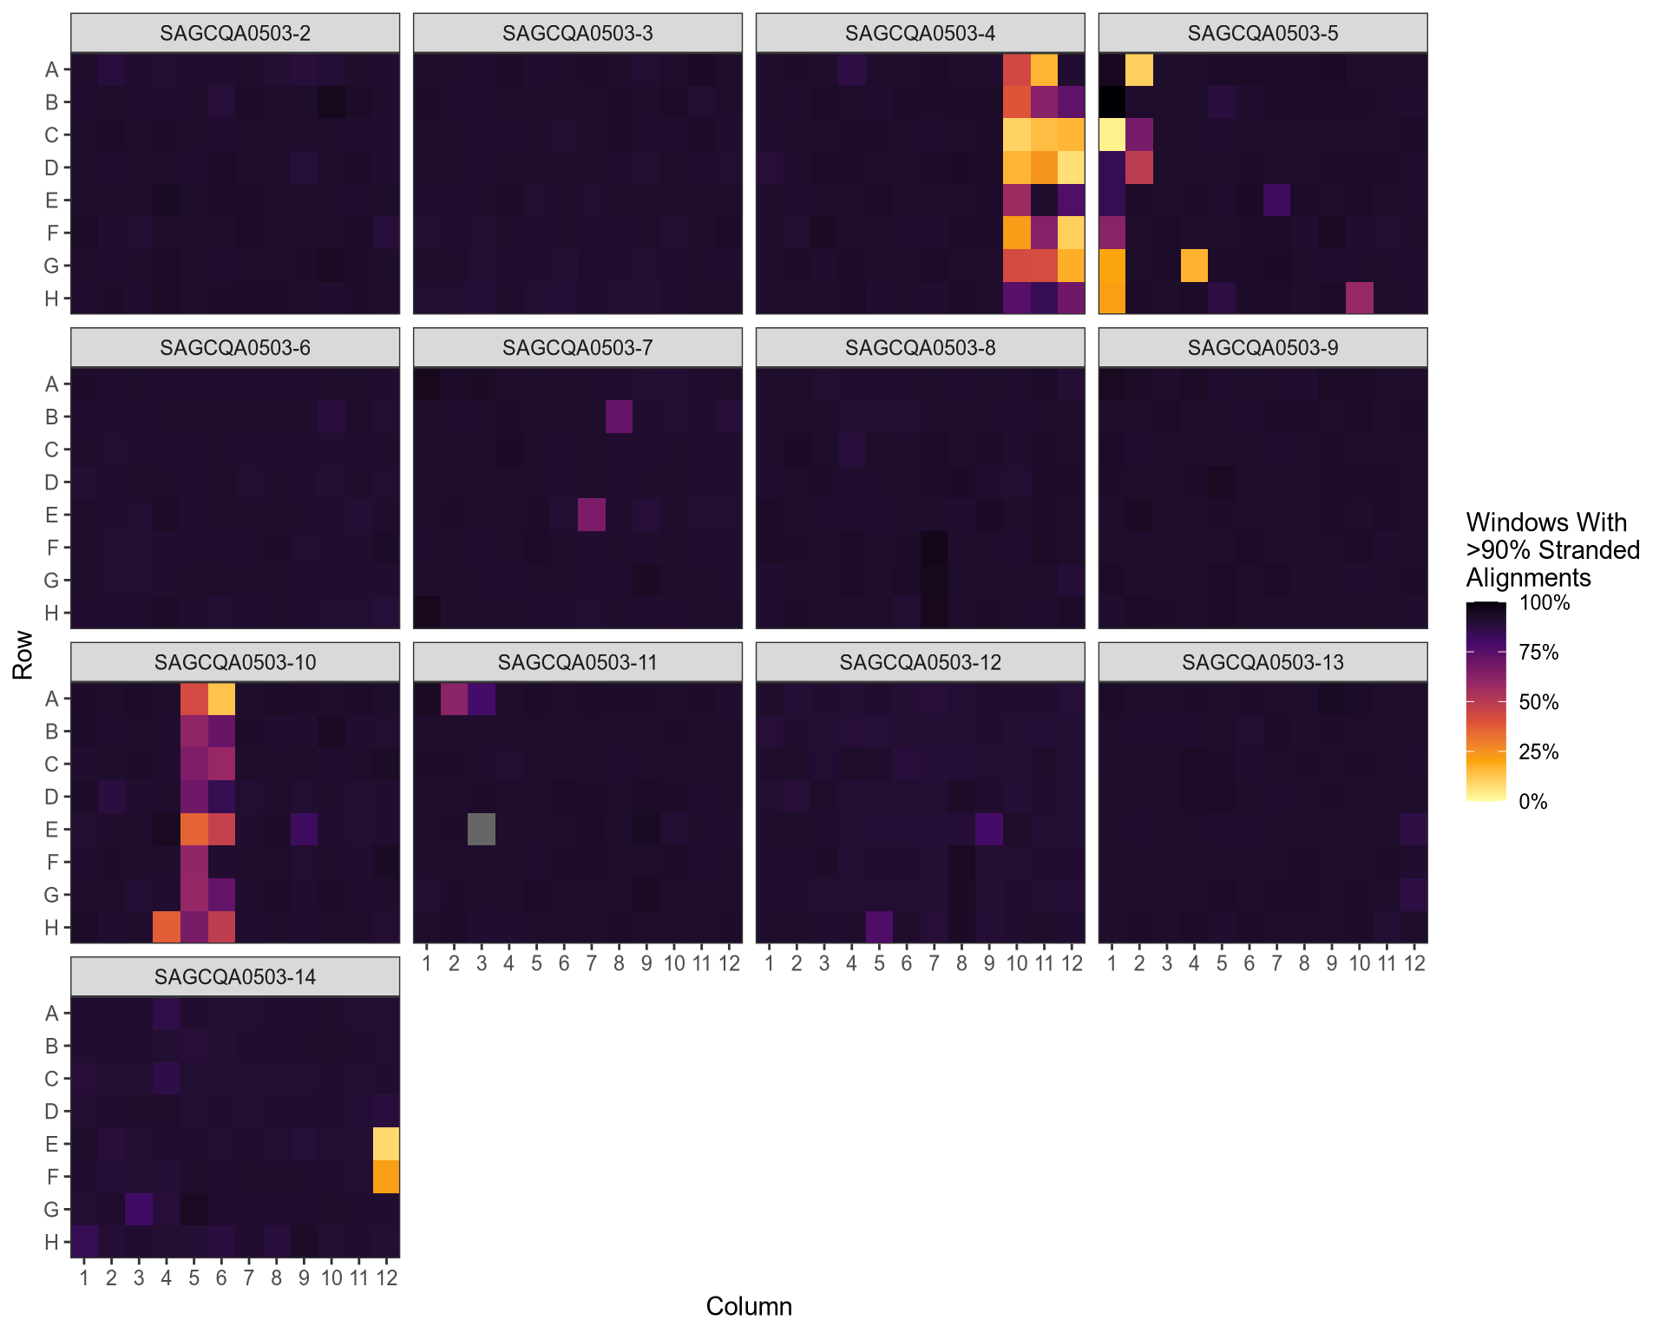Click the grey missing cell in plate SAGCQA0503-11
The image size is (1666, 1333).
[482, 829]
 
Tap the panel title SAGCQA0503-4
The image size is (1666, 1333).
[920, 34]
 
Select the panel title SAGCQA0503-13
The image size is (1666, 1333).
[1263, 663]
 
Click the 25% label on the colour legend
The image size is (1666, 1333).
[1538, 752]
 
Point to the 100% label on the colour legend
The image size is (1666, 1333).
[1545, 603]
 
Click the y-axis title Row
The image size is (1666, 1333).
[23, 655]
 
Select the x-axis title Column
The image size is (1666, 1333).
[748, 1306]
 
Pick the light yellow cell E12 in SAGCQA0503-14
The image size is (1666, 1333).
[386, 1144]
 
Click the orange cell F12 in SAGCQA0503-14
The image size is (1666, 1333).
[386, 1177]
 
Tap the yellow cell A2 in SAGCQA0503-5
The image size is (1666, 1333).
[1139, 69]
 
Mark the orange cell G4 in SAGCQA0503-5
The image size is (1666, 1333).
[1194, 266]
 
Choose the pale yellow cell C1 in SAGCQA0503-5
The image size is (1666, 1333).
[1112, 135]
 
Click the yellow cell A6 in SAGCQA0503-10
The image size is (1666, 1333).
[221, 699]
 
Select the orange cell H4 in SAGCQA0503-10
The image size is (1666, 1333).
[167, 927]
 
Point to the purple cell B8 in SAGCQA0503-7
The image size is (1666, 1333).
[619, 417]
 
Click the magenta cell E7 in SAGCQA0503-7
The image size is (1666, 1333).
[592, 515]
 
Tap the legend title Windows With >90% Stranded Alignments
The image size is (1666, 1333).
[1551, 550]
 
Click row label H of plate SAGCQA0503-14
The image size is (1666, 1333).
[52, 1242]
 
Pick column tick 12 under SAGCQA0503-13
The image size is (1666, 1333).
[1414, 963]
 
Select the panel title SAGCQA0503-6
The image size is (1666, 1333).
[234, 348]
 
